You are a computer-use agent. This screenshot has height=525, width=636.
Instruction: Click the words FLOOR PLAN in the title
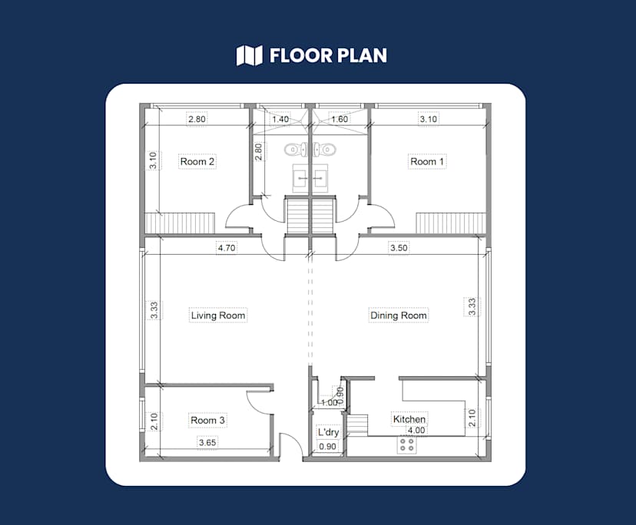point(328,55)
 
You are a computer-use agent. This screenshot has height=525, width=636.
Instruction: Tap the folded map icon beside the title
point(250,55)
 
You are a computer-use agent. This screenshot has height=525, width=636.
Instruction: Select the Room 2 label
point(197,161)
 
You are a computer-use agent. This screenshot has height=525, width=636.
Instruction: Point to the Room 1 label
point(427,161)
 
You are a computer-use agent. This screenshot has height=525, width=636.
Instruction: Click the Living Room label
point(218,315)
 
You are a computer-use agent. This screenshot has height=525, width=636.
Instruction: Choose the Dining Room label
point(399,315)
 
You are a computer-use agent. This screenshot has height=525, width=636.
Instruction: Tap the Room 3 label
point(207,421)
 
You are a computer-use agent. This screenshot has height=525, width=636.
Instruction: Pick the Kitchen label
point(409,419)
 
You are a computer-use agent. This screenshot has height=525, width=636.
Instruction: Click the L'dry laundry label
point(328,432)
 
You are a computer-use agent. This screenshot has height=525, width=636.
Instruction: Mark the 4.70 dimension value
point(227,248)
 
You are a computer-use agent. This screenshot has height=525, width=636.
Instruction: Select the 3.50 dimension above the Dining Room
point(399,248)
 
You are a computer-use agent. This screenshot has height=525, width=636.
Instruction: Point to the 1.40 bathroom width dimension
point(280,119)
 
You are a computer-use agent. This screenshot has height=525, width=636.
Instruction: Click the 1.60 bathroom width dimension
point(340,119)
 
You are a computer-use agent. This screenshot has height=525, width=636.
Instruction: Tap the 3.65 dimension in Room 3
point(207,442)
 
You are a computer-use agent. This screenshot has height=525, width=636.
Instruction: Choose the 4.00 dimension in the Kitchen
point(416,430)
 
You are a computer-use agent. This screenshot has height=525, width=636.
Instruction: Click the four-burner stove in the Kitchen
point(407,444)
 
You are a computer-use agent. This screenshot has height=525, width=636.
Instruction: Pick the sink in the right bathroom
point(320,178)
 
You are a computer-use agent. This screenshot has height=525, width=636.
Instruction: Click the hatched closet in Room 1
point(451,223)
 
